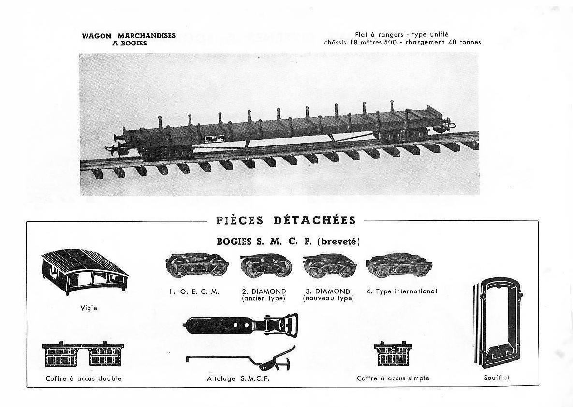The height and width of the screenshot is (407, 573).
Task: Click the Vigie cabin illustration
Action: pos(85,273)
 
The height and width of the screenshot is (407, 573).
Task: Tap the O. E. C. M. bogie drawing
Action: pos(197,264)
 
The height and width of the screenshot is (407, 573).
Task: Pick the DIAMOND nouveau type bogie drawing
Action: pos(330,264)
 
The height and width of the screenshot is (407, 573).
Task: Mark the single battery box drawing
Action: pos(393,354)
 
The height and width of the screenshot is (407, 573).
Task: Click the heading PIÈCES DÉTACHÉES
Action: pos(286,220)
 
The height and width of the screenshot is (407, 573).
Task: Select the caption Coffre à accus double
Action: pos(84,378)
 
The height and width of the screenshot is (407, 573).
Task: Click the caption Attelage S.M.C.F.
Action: pos(238,379)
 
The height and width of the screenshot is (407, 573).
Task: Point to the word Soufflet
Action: pos(496,378)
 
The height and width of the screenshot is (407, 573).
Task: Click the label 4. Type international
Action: pos(402,291)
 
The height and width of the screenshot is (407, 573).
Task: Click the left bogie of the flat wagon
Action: pos(167,152)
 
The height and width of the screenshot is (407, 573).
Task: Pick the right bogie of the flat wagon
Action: pos(402,134)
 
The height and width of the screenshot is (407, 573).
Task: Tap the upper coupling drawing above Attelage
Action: pos(242,324)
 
